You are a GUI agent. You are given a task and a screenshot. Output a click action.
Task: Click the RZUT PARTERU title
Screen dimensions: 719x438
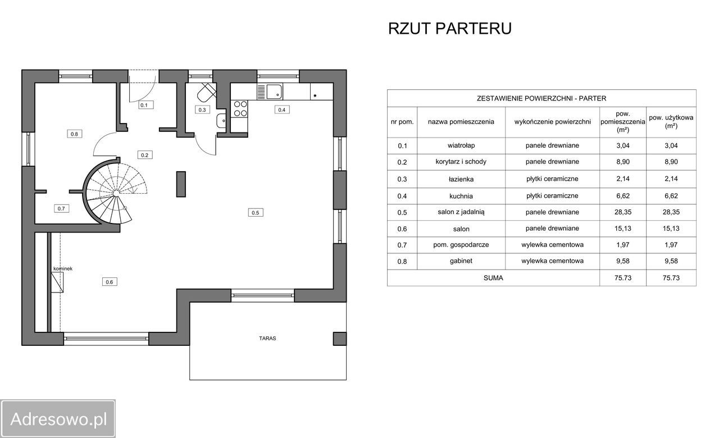(450, 29)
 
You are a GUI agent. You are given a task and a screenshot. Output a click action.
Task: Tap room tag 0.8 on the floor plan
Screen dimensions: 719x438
(74, 134)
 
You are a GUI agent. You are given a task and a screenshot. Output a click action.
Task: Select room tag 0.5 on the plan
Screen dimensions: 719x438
(256, 212)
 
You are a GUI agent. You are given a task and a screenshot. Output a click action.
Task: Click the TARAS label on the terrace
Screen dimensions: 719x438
(267, 338)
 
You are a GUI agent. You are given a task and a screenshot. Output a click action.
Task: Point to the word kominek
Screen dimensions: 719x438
(63, 268)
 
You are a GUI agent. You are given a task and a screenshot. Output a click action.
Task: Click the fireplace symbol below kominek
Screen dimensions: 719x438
(57, 282)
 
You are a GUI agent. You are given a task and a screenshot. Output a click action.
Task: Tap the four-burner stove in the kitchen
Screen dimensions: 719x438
(240, 108)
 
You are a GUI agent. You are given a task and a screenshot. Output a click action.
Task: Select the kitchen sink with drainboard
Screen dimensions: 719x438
(270, 92)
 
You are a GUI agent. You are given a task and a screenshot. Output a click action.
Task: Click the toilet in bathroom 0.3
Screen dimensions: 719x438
(206, 93)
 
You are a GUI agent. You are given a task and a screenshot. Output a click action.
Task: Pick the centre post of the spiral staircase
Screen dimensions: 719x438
(116, 194)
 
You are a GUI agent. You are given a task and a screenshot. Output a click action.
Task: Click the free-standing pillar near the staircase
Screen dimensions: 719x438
(181, 184)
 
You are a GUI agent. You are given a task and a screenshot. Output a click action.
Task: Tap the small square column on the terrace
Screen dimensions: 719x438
(340, 339)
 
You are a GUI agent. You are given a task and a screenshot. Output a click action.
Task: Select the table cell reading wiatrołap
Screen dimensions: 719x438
(461, 145)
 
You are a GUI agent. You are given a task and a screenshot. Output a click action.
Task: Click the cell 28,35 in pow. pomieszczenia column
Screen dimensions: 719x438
(623, 212)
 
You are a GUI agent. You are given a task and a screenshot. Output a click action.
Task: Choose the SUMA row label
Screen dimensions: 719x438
(493, 278)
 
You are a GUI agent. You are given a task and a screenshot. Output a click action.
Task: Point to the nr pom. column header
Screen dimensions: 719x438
(402, 122)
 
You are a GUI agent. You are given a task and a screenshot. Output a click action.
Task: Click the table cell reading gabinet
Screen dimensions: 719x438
(461, 261)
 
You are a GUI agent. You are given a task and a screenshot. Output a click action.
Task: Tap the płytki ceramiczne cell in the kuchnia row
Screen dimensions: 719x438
(552, 196)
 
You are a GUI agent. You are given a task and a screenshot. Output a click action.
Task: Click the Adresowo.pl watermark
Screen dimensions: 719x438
(58, 419)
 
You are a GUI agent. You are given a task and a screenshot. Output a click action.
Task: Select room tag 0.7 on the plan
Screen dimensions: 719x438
(61, 208)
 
